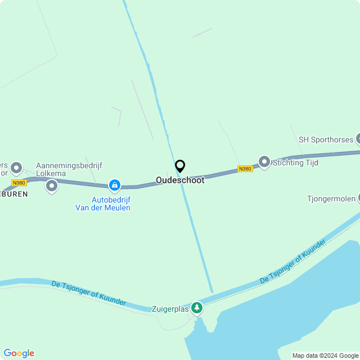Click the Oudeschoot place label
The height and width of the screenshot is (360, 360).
(180, 181)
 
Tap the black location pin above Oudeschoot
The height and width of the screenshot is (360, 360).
(180, 166)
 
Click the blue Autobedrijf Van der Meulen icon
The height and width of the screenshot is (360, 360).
(115, 184)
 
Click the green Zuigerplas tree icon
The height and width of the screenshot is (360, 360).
(196, 308)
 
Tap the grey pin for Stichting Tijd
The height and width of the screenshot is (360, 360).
(264, 161)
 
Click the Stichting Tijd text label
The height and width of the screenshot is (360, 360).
(295, 163)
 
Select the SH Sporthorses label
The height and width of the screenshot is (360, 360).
(325, 139)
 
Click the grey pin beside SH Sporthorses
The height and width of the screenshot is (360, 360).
(358, 139)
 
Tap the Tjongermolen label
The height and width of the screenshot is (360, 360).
(331, 199)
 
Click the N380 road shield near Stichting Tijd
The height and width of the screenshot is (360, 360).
(245, 169)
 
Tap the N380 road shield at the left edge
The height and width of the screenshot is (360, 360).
(19, 183)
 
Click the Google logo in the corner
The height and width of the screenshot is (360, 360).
(19, 353)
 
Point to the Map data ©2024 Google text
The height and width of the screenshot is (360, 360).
(325, 355)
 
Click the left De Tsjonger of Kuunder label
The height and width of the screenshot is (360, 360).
(89, 293)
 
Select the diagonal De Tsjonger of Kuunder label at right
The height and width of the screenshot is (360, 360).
(292, 262)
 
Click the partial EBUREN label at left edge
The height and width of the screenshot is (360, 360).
(13, 192)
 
